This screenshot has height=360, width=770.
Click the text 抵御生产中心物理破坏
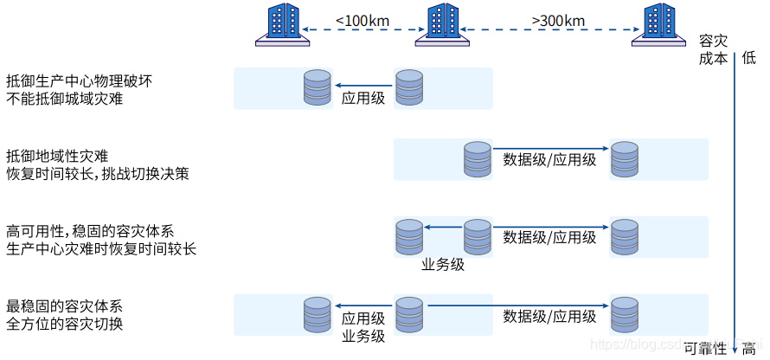pos(80,80)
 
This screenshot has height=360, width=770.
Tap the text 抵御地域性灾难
pos(57,156)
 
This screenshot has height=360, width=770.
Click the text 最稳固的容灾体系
pos(64,306)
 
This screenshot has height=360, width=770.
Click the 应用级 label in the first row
pos(363,98)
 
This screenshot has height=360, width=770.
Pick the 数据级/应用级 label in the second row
pos(549,160)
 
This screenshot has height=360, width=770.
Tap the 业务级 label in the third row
pos(443,265)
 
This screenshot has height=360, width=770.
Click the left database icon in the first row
pos(317,87)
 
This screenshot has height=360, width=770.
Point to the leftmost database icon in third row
pos(408,237)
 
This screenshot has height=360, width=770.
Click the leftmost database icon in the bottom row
pos(317,315)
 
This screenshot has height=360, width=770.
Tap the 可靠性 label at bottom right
pos(705,349)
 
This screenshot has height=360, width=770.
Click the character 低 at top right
pos(748,57)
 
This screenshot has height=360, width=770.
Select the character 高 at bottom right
pos(748,349)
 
